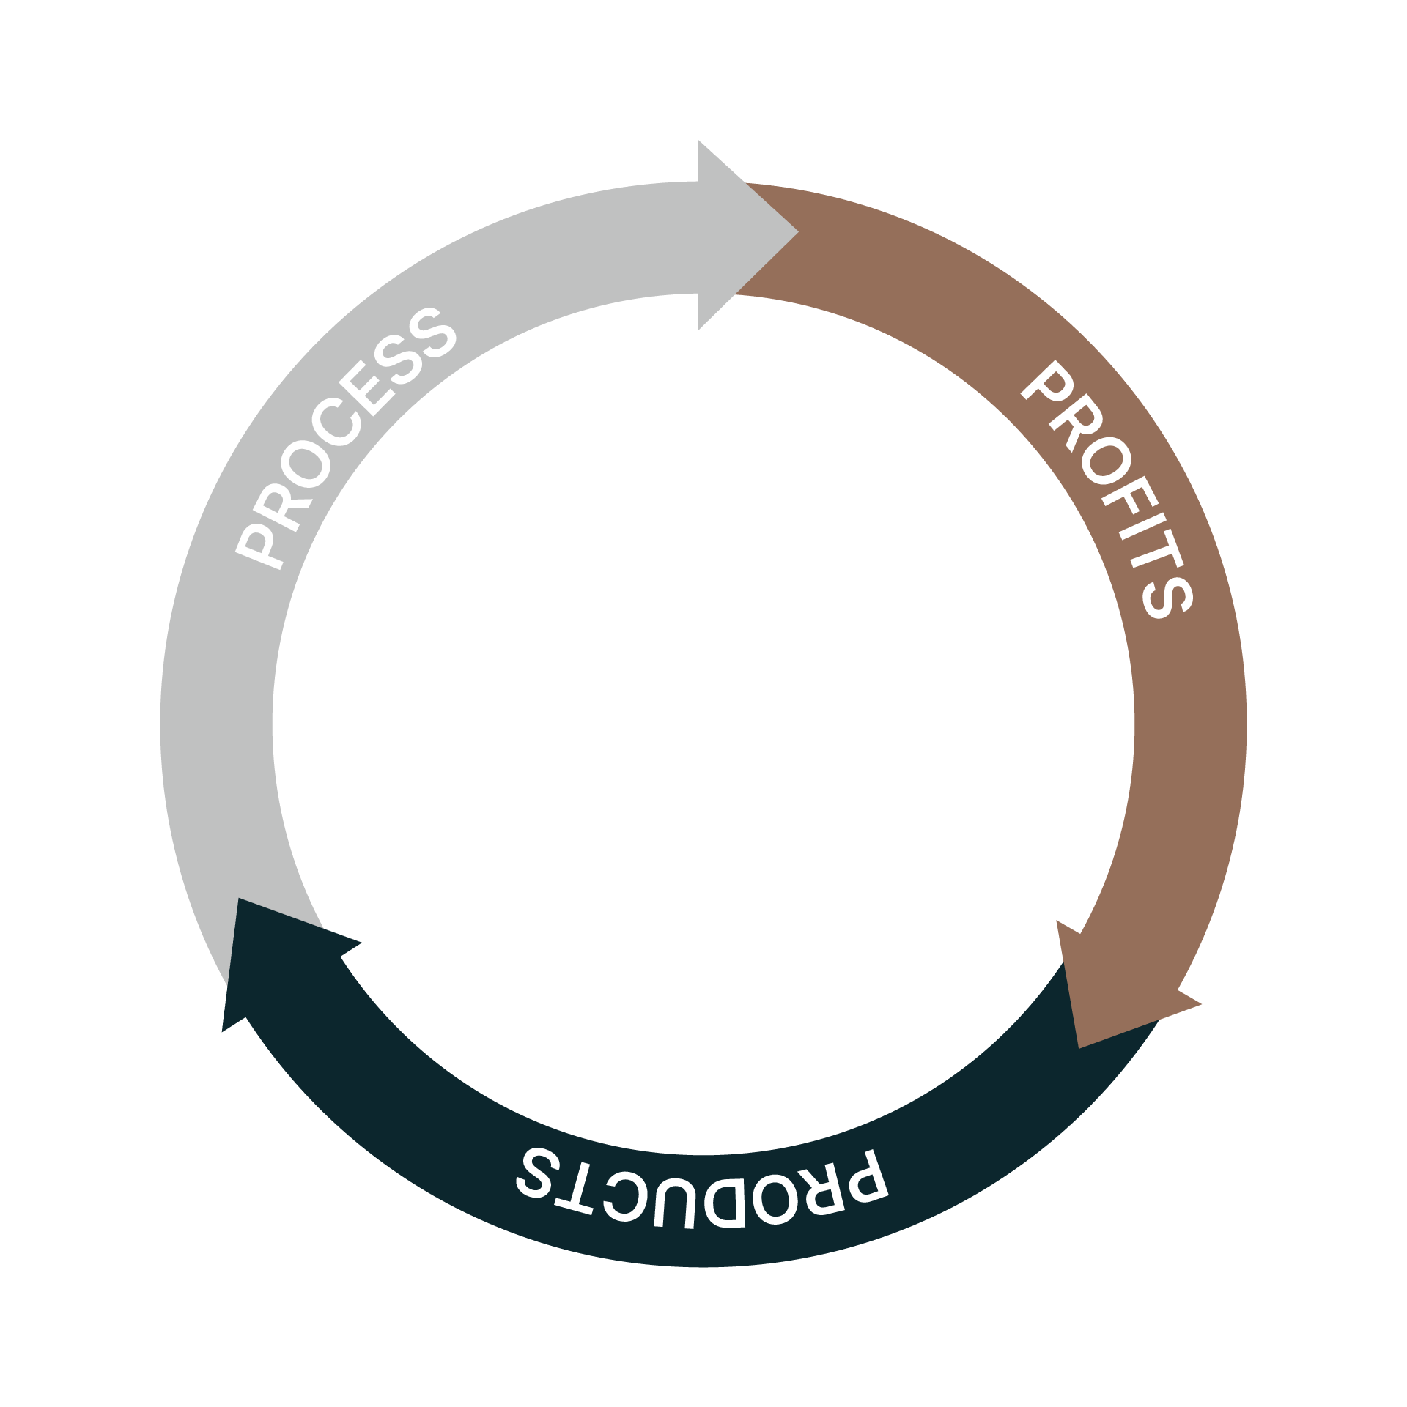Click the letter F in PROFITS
coord(1129,495)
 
